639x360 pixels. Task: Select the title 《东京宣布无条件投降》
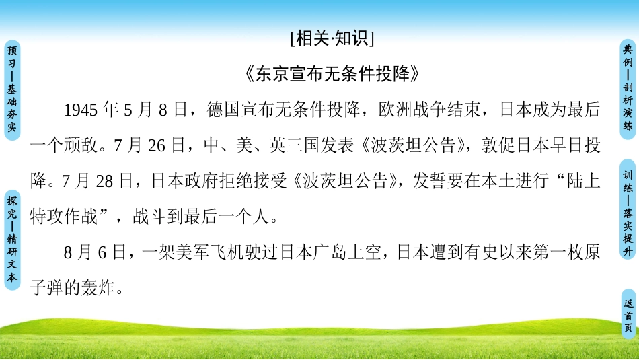click(x=332, y=74)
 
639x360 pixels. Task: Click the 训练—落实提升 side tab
click(x=628, y=214)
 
